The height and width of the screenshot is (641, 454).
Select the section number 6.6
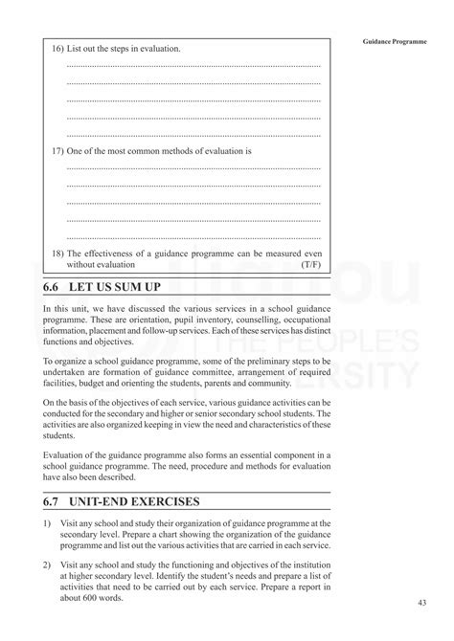[x=53, y=286]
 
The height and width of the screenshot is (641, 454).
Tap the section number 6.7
[x=53, y=501]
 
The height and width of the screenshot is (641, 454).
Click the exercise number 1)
[x=48, y=523]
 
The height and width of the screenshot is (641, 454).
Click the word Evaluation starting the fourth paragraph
[x=64, y=454]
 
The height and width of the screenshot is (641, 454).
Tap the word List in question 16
[x=77, y=48]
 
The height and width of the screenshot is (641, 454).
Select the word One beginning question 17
[x=78, y=151]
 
